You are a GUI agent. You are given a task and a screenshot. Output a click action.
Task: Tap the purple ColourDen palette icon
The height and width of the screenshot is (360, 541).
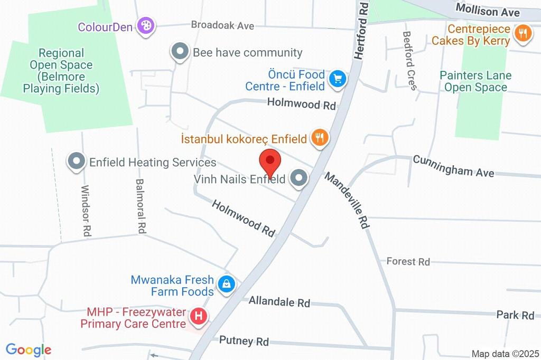(x=145, y=25)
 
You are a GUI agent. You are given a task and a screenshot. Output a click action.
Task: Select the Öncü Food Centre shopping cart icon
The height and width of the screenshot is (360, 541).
(x=337, y=79)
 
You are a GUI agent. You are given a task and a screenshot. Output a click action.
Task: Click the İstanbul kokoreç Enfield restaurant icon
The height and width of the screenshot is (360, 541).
(x=320, y=138)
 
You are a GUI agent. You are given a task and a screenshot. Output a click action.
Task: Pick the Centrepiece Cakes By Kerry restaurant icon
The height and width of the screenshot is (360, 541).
(x=523, y=34)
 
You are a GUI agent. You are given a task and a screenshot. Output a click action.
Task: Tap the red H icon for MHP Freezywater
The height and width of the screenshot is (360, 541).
(x=198, y=317)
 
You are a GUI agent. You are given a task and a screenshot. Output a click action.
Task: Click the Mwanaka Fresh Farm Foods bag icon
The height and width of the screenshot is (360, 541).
(x=227, y=283)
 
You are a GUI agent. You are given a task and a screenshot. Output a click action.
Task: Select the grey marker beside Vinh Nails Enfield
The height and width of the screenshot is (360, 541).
(x=299, y=178)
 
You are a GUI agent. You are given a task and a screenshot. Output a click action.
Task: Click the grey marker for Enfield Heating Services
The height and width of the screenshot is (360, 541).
(x=77, y=162)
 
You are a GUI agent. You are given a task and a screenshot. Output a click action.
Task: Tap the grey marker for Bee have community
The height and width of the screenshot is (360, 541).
(x=180, y=52)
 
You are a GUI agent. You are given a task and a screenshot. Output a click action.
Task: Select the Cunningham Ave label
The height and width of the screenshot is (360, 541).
(x=454, y=166)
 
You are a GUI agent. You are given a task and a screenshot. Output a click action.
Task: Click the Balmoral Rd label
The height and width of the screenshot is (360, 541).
(x=140, y=206)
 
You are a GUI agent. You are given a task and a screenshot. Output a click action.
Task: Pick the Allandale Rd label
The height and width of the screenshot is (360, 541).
(x=279, y=302)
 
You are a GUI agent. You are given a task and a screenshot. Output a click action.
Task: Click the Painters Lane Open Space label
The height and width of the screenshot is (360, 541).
(x=475, y=81)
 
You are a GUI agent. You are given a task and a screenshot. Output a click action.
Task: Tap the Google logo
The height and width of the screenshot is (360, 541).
(x=28, y=349)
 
